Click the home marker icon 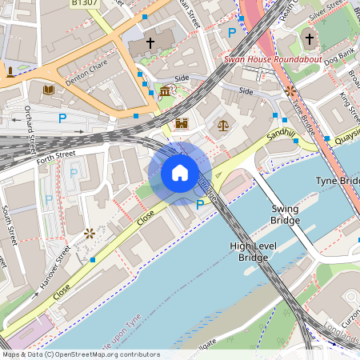(x=180, y=173)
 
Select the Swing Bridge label (x=284, y=214)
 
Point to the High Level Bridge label (x=248, y=252)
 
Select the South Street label (x=9, y=225)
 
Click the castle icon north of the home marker (x=182, y=124)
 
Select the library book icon (x=48, y=90)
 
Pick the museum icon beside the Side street (x=165, y=91)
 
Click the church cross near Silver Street (x=310, y=38)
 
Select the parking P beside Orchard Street (x=62, y=118)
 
